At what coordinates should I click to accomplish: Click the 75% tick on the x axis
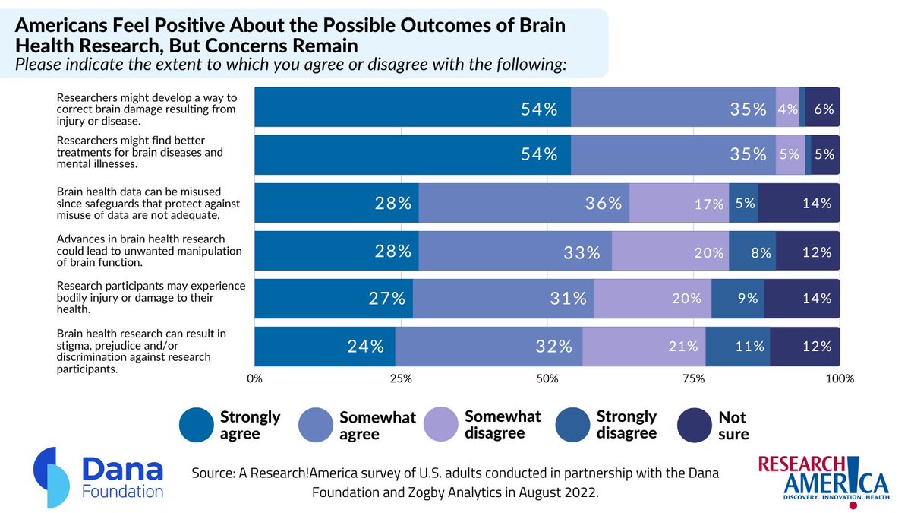click(694, 378)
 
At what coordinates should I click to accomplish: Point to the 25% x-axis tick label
click(401, 378)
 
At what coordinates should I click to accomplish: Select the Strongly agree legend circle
click(197, 425)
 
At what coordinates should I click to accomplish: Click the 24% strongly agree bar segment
click(325, 347)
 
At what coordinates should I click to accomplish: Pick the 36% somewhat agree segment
click(524, 203)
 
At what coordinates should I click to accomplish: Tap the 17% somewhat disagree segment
click(679, 203)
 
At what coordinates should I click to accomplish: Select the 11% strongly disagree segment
click(737, 347)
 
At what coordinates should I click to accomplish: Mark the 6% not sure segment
click(823, 108)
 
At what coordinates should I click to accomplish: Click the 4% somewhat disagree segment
click(787, 108)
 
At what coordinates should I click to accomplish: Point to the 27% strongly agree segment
click(333, 299)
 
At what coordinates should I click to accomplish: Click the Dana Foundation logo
click(99, 473)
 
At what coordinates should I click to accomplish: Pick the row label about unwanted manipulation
click(150, 251)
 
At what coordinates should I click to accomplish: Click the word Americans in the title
click(61, 24)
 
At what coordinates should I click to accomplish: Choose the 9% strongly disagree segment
click(738, 299)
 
